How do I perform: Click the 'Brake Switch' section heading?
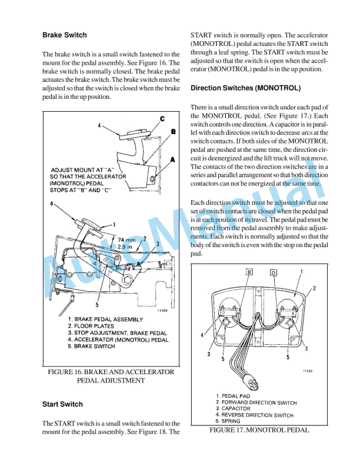tap(65, 35)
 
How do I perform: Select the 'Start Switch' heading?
tap(62, 404)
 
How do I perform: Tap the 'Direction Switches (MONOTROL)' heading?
tap(246, 88)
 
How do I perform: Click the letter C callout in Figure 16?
tap(162, 119)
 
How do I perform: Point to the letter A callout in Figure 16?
tap(172, 159)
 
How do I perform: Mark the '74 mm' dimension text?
tap(128, 240)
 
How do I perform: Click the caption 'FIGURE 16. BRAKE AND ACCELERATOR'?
tap(111, 372)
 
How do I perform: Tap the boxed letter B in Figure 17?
tap(249, 272)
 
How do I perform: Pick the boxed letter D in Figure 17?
tap(273, 272)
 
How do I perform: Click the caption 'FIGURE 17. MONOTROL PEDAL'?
tap(259, 430)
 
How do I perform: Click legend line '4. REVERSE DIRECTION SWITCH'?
tap(255, 415)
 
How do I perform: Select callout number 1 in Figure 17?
tap(302, 272)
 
